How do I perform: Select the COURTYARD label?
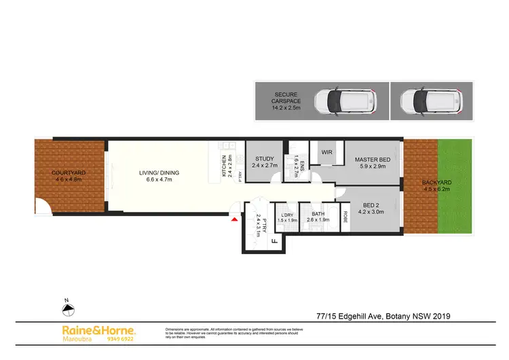click(x=68, y=173)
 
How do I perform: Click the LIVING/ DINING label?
click(x=159, y=173)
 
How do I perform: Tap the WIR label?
click(x=326, y=152)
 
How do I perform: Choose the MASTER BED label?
click(x=370, y=160)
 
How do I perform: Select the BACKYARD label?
click(x=436, y=184)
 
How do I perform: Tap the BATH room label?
click(x=317, y=214)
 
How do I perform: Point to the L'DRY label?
click(x=284, y=215)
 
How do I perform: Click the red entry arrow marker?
click(x=235, y=219)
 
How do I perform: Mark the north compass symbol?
click(x=67, y=310)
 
